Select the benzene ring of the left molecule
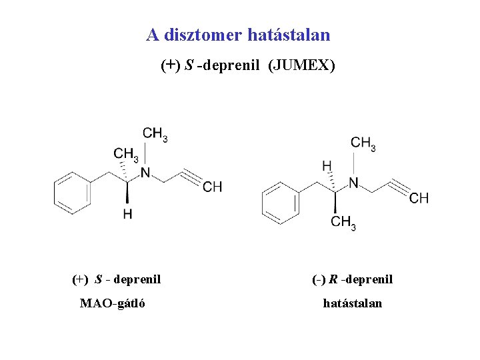[72, 191]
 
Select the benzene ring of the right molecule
[280, 201]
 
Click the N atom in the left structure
[145, 173]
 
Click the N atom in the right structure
[353, 183]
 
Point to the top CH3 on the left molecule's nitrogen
[155, 134]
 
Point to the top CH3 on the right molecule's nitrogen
[363, 143]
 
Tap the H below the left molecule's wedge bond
[127, 214]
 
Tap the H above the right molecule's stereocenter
[327, 164]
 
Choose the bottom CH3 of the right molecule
[343, 222]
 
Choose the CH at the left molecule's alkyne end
[213, 187]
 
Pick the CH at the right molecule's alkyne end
[419, 198]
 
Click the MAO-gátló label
[113, 304]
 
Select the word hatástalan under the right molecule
[353, 304]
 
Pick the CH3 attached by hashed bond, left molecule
[125, 155]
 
